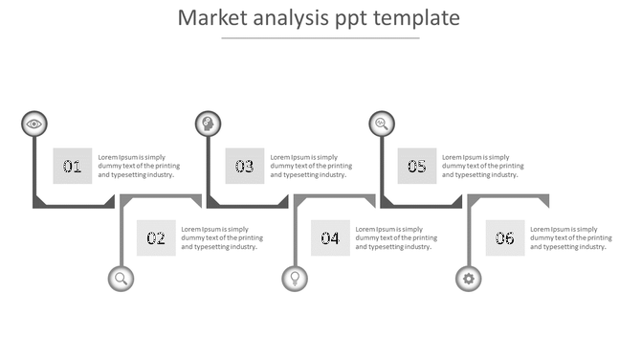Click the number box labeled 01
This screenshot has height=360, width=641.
[73, 166]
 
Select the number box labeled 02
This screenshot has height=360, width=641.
[156, 238]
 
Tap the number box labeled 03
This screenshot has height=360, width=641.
[245, 166]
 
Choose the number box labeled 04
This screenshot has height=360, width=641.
[330, 238]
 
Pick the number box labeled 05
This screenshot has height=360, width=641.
[417, 166]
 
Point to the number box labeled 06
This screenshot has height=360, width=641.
[504, 238]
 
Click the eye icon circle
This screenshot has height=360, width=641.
[34, 124]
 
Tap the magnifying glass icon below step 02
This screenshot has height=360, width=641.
[122, 279]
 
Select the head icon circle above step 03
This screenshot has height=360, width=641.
[208, 124]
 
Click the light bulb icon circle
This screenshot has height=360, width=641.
[295, 279]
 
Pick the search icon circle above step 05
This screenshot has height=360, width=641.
[382, 124]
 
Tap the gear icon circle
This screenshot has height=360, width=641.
[469, 279]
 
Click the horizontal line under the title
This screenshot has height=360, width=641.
[320, 38]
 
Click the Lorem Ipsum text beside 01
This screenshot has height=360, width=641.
[139, 166]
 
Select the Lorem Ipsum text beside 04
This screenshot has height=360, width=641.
[396, 238]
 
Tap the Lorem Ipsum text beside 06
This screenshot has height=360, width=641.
[570, 238]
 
